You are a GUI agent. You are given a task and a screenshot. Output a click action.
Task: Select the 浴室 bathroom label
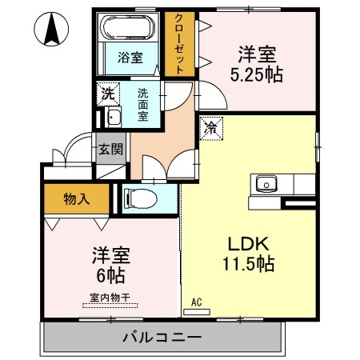pos(130,58)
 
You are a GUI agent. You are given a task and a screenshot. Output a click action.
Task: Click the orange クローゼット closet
pos(180,43)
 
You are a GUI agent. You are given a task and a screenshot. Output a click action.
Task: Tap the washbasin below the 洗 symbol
pos(113,118)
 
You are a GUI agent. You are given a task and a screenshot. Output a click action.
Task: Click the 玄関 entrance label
pos(110,149)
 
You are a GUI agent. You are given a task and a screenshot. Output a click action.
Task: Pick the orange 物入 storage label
pos(76,199)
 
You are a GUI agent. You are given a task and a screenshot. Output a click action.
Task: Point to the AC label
pos(197,303)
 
